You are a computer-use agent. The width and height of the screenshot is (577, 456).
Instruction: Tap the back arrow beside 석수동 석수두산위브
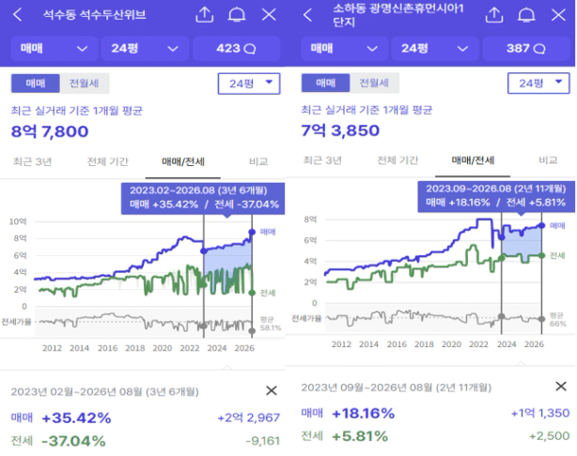[x=17, y=15]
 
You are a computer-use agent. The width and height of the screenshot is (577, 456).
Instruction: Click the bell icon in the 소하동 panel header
[x=526, y=15]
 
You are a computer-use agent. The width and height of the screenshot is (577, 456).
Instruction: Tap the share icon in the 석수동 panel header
[x=204, y=15]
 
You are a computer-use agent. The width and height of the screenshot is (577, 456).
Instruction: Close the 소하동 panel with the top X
[x=558, y=15]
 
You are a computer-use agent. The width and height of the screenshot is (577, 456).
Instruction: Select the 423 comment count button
[x=236, y=48]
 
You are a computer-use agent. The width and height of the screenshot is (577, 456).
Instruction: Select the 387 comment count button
[x=526, y=48]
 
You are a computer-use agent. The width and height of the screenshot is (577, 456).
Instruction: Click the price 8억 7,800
[x=50, y=131]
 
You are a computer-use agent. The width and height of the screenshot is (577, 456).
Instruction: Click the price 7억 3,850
[x=340, y=130]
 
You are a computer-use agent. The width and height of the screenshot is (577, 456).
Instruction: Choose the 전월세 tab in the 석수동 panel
[x=85, y=84]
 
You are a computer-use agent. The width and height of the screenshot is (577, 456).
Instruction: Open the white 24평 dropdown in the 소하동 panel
[x=538, y=84]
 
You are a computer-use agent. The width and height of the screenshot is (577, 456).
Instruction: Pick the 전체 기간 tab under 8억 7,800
[x=108, y=161]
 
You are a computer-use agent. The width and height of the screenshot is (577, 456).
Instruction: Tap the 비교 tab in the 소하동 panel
[x=548, y=160]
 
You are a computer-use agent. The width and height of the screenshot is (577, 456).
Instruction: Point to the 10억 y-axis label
[x=18, y=221]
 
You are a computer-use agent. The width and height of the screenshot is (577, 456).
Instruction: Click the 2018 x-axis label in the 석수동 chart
[x=134, y=348]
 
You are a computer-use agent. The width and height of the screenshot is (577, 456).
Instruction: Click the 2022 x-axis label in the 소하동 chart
[x=478, y=344]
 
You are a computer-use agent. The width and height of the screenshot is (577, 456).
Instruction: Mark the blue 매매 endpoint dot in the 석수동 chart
[x=252, y=232]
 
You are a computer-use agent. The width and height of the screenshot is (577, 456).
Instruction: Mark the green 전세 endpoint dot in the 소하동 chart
[x=541, y=255]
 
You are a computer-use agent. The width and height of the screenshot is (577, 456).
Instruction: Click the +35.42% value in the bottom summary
[x=76, y=418]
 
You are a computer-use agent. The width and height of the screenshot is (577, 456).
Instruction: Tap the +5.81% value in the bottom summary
[x=360, y=436]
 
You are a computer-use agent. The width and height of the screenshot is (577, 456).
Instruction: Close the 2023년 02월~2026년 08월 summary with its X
[x=272, y=390]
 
